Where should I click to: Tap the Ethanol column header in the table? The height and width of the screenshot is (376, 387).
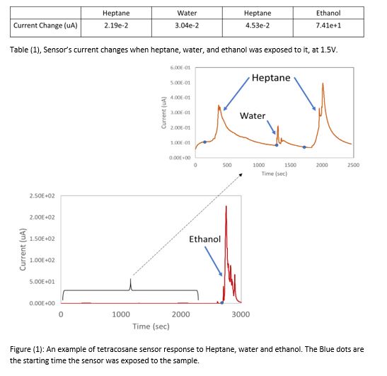click(x=328, y=13)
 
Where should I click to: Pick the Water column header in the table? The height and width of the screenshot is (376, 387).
click(x=187, y=13)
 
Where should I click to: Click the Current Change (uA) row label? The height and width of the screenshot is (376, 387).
click(x=45, y=25)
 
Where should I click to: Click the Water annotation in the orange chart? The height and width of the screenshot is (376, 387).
click(x=253, y=115)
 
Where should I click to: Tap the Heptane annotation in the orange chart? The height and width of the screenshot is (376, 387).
click(x=271, y=78)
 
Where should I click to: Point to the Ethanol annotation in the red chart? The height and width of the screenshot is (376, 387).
click(x=205, y=239)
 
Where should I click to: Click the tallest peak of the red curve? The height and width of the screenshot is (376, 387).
click(x=226, y=206)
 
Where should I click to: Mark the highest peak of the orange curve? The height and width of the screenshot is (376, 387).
click(x=323, y=84)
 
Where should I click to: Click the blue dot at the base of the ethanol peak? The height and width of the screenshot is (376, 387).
click(x=222, y=302)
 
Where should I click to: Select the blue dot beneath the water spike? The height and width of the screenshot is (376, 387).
click(x=277, y=145)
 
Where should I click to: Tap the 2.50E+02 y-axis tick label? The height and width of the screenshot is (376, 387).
click(x=42, y=196)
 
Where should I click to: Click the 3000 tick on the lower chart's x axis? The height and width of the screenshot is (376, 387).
click(x=241, y=314)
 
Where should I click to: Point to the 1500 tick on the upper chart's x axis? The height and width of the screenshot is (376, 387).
click(x=290, y=165)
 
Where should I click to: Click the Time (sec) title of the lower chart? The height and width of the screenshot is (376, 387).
click(x=151, y=326)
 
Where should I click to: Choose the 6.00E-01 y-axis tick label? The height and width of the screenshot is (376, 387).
click(x=180, y=68)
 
